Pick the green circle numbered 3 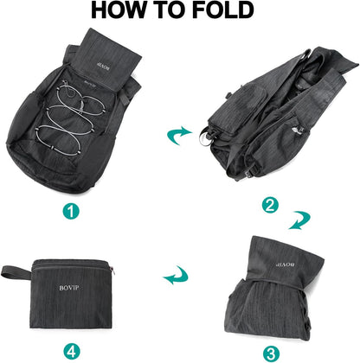[271, 352]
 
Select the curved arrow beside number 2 [299, 221]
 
